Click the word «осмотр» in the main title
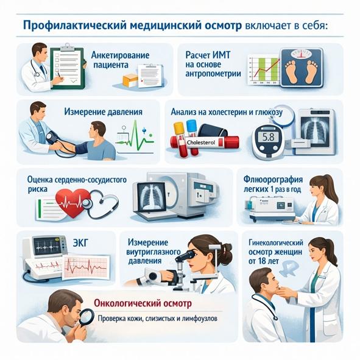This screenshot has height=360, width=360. (x=222, y=26)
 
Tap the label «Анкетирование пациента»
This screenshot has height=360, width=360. (x=121, y=60)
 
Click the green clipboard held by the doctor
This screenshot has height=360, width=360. (x=68, y=67)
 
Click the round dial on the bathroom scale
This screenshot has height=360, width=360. (x=302, y=54)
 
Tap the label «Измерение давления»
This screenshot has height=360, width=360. (x=103, y=112)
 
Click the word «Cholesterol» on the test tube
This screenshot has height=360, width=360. (x=201, y=143)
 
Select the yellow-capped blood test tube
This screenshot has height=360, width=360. (x=180, y=139)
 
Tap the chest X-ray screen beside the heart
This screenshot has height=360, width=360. (x=151, y=196)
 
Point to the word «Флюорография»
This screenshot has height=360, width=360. (x=274, y=180)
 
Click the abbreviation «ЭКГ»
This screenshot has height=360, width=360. (x=80, y=243)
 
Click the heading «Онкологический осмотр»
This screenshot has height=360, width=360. (x=143, y=303)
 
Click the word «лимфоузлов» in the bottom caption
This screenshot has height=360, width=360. (x=199, y=319)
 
